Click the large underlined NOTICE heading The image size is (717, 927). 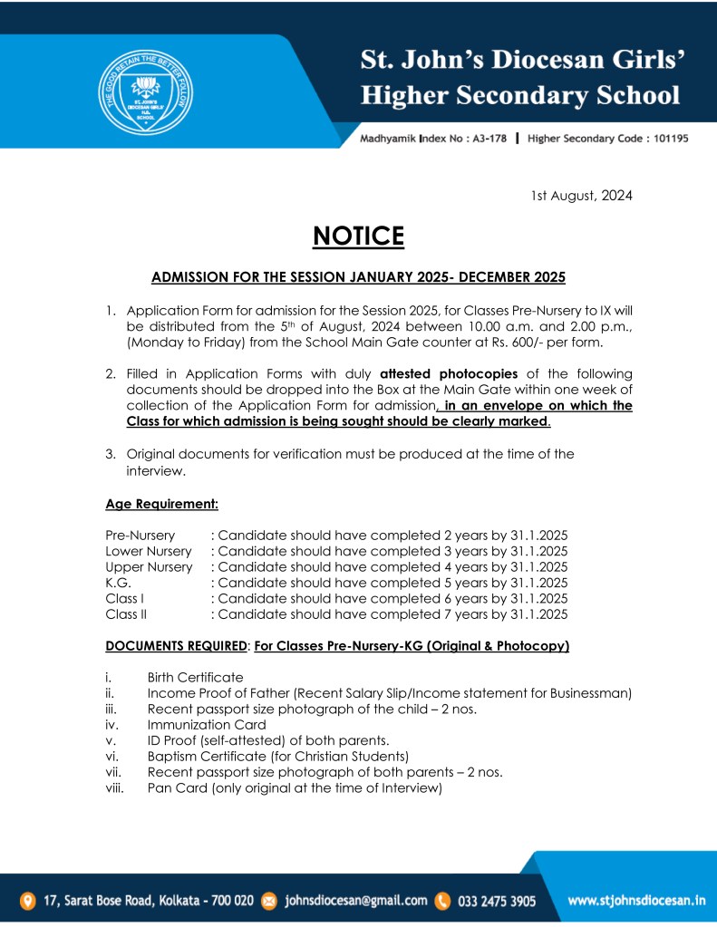[x=358, y=236]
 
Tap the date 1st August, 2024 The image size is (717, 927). [x=581, y=195]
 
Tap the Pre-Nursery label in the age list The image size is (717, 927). [x=140, y=535]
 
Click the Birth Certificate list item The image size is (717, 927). [x=195, y=677]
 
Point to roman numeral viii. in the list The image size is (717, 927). [x=114, y=788]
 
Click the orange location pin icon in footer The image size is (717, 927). [x=28, y=901]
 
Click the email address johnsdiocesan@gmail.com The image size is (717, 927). [x=355, y=901]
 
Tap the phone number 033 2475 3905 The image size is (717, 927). [x=496, y=901]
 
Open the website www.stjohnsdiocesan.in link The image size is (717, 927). [x=636, y=901]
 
